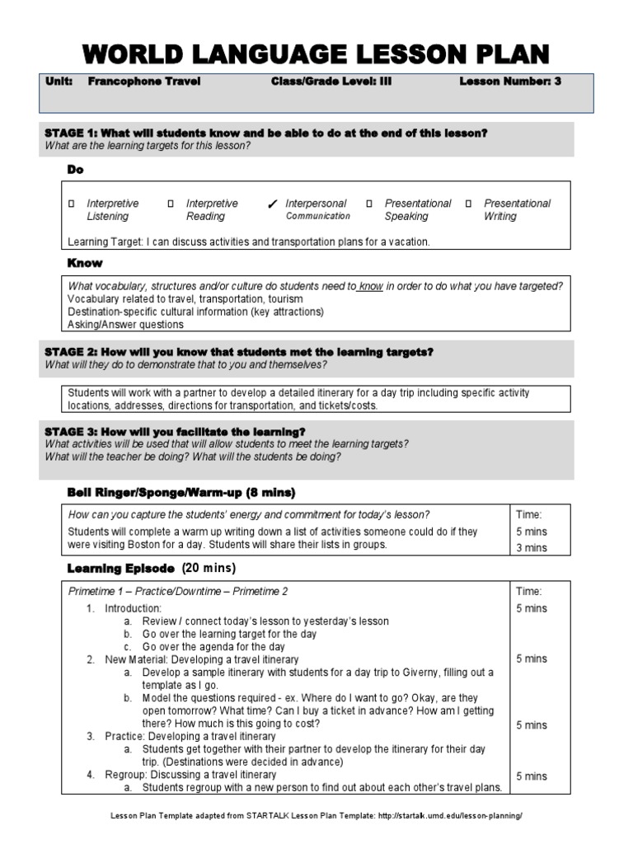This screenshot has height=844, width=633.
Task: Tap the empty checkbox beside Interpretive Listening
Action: point(72,204)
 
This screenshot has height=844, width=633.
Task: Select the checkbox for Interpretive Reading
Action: point(171,204)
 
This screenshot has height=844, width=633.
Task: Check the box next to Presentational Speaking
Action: point(369,204)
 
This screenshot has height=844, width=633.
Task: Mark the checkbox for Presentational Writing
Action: point(468,204)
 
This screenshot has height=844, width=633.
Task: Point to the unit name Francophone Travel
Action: point(144,82)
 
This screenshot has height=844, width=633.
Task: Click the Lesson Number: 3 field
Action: point(509,82)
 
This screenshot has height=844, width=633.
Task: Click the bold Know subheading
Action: point(84,263)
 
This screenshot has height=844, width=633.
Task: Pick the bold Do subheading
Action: point(75,170)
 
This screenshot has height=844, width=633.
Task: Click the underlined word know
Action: point(371,286)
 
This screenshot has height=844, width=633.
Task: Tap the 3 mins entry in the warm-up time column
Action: point(531,547)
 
